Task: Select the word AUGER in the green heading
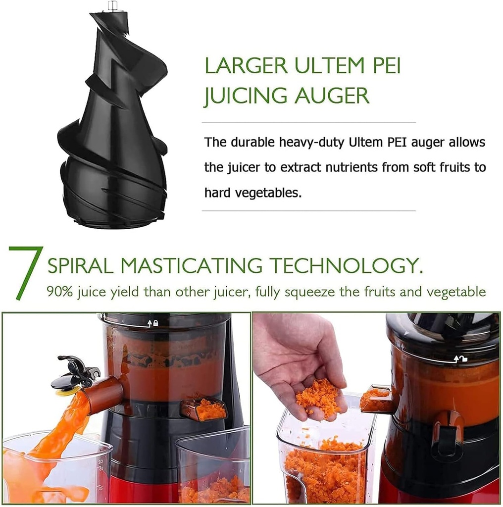[332, 96]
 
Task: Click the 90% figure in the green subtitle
[58, 291]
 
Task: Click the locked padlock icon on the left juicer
[155, 323]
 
